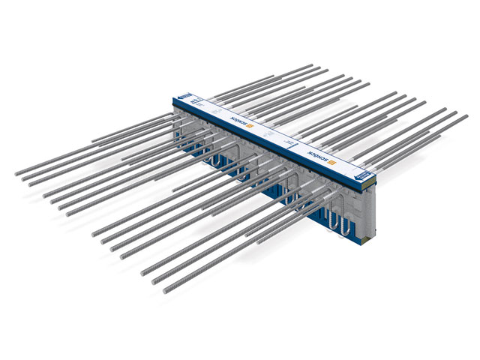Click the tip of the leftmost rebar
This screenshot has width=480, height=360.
point(16,174)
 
